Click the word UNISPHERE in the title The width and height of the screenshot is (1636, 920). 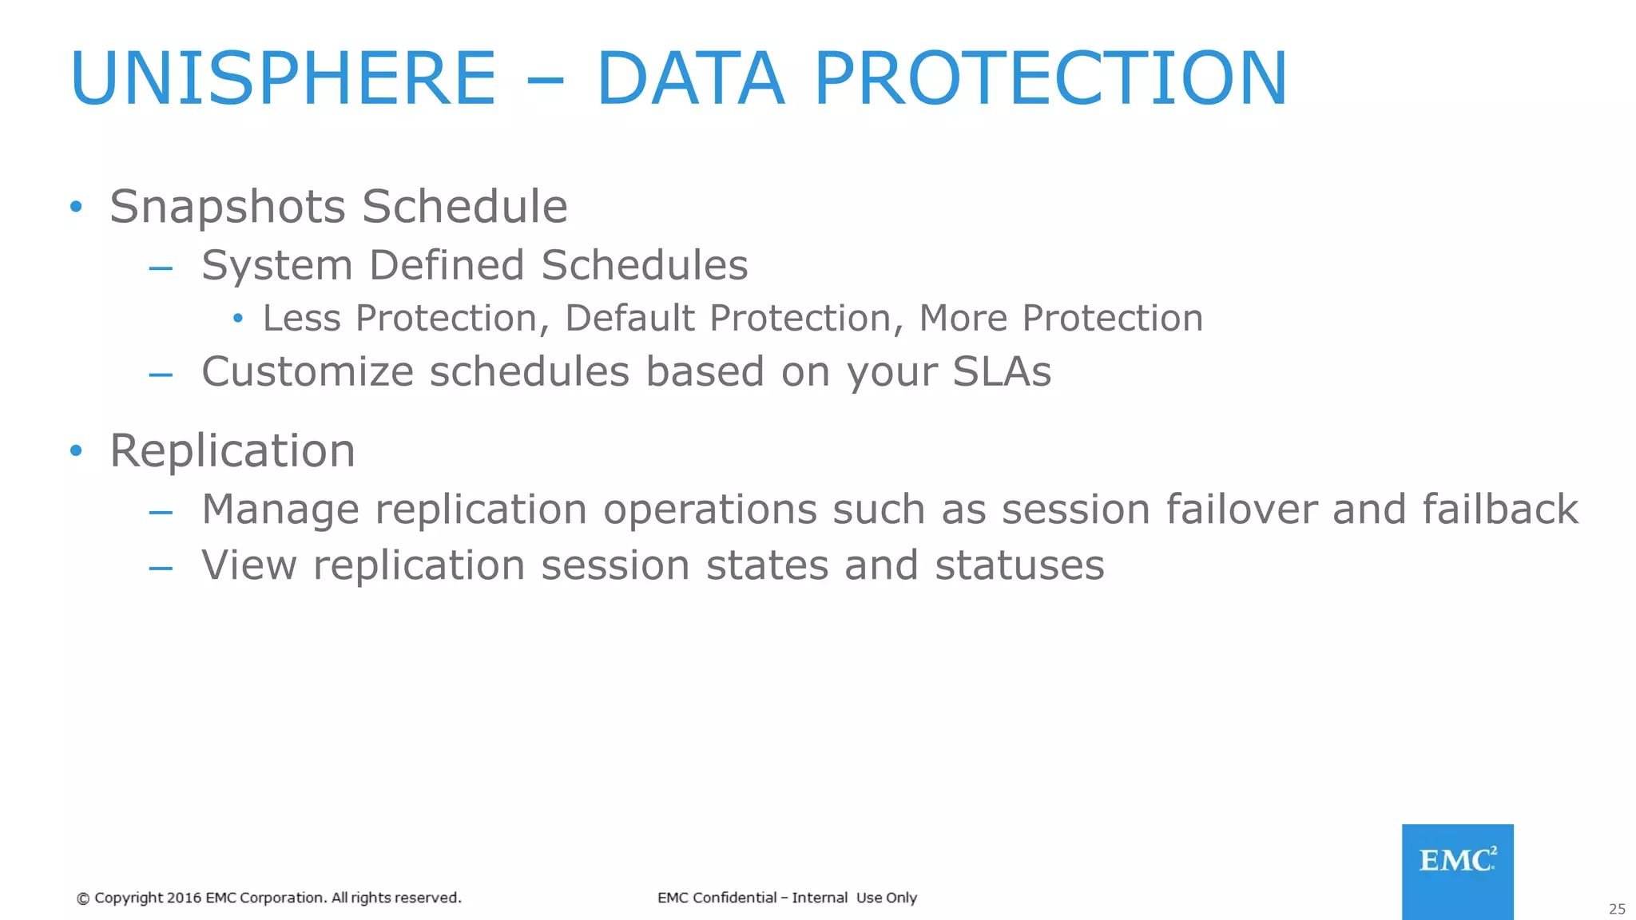[284, 78]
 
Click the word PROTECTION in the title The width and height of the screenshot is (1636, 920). [1050, 78]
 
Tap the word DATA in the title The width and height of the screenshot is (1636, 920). [691, 78]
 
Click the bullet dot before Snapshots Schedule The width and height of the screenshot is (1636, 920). [76, 207]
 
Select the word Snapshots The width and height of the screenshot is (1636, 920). [228, 207]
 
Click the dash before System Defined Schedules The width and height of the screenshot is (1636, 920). [161, 268]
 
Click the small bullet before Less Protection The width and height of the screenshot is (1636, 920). [237, 319]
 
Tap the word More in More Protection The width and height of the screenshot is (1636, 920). [963, 319]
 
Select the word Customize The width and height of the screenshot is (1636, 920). [308, 372]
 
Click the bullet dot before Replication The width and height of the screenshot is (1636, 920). [76, 451]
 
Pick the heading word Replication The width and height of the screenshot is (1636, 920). [232, 452]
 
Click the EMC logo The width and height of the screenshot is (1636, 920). [1457, 870]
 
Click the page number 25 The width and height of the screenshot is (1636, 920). [1617, 909]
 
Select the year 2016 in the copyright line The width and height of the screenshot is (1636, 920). [184, 898]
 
